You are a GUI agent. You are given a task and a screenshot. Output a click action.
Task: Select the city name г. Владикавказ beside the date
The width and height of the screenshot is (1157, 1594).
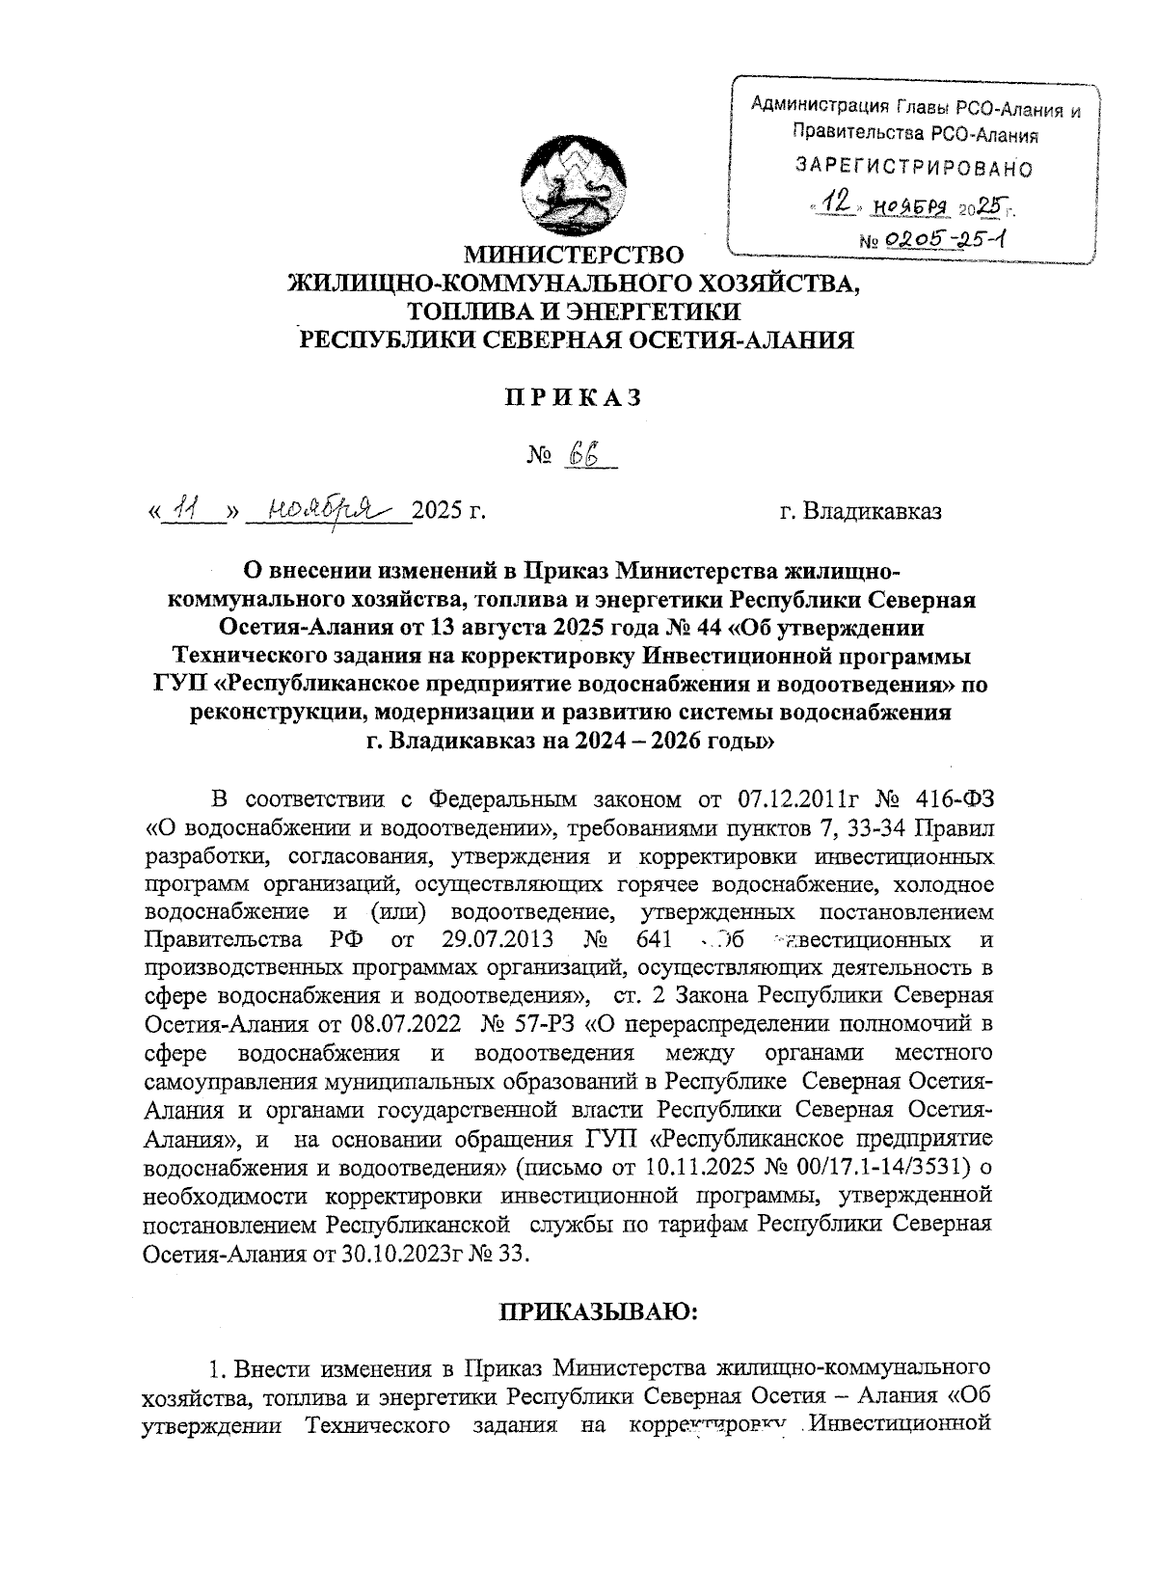pyautogui.click(x=860, y=510)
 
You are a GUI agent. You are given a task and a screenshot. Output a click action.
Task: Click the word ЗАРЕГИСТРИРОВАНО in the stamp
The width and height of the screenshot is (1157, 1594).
pyautogui.click(x=913, y=169)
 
